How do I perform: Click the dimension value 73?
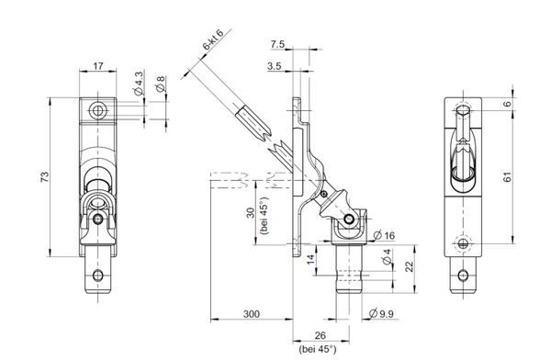coord(45,176)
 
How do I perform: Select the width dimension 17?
coord(98,66)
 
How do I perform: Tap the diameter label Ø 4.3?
coord(139,84)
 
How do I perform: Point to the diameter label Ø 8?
coord(161,84)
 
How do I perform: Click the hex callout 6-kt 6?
coord(213,39)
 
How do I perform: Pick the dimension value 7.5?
coord(277,44)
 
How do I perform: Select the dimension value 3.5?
coord(274,66)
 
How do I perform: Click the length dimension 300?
coord(252,313)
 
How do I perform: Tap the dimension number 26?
coord(320,335)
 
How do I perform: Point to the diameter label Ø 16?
coord(384,235)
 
